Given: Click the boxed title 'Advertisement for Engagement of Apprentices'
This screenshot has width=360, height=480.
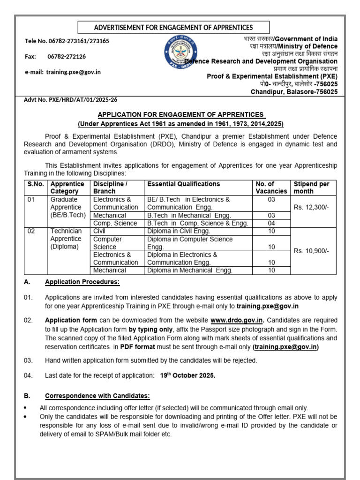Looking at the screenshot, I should (173, 28).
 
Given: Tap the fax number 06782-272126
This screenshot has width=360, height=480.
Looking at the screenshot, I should (67, 56).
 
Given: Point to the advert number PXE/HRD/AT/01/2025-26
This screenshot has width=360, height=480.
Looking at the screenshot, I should (71, 100).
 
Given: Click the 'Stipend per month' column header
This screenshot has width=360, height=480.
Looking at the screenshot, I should (311, 187).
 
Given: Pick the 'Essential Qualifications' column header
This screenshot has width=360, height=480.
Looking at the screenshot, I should (183, 184).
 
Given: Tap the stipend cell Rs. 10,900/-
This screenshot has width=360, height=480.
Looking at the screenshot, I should (311, 251).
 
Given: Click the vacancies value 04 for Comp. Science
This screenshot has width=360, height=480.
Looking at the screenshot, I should (271, 223).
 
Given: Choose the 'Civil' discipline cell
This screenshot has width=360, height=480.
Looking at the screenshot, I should (100, 231).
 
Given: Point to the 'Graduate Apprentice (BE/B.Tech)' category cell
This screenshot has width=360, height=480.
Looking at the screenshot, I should (67, 207).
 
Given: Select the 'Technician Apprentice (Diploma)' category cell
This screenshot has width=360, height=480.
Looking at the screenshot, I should (66, 239).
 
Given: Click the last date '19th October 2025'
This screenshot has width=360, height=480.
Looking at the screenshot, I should (187, 375).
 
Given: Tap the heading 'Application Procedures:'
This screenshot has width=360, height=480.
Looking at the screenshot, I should (82, 282).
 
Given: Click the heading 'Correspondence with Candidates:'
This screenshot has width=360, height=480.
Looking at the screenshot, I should (97, 396).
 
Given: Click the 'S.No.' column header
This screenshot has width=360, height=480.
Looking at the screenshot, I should (35, 184).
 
